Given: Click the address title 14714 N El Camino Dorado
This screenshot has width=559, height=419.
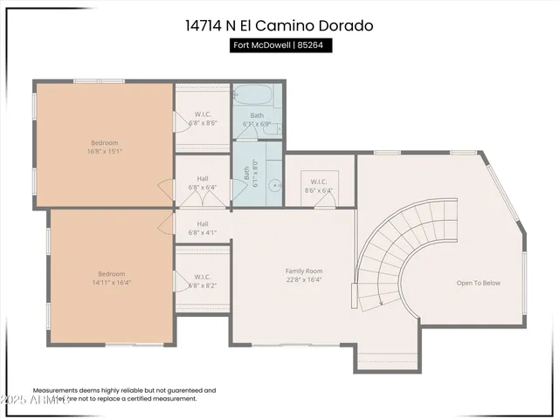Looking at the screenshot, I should tap(279, 25).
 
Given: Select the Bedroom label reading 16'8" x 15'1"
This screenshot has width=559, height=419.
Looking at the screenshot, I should tap(104, 147).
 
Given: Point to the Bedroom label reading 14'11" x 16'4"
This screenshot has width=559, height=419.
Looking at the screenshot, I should tap(111, 278).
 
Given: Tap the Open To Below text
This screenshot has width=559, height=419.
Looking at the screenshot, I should tap(478, 283).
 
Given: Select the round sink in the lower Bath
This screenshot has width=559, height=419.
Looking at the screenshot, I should tap(273, 184).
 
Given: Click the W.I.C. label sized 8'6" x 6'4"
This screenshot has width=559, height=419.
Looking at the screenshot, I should tap(319, 186).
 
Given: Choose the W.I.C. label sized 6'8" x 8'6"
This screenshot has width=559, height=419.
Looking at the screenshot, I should tap(203, 118).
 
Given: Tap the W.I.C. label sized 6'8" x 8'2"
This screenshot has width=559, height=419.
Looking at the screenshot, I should tap(203, 280).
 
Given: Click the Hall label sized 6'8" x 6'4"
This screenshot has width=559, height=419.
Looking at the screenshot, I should tap(203, 182).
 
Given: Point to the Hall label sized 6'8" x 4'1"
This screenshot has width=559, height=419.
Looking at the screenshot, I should tap(203, 228).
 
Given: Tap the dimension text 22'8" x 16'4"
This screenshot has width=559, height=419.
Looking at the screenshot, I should tap(304, 281).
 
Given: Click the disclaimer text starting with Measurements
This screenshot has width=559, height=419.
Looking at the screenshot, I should tap(124, 395).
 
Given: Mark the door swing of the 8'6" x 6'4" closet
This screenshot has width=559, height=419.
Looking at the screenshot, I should tap(324, 200).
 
